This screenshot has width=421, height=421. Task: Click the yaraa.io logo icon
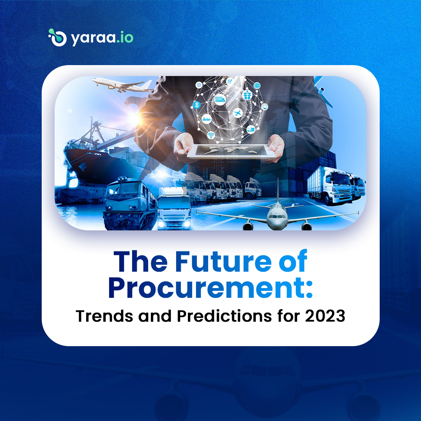point(57,37)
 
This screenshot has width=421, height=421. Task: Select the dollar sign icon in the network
point(197,105)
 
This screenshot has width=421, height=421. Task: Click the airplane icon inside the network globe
point(237,113)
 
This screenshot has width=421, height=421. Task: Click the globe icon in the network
point(257,85)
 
